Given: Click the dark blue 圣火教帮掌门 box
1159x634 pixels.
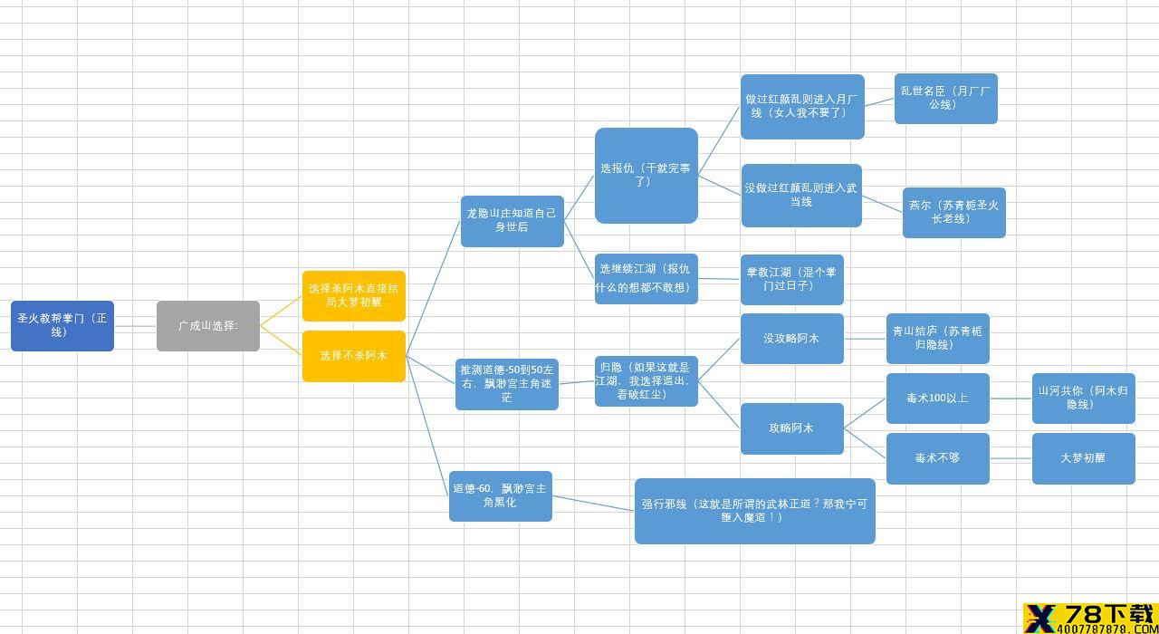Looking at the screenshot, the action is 62,325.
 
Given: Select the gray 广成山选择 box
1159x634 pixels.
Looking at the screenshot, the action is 208,325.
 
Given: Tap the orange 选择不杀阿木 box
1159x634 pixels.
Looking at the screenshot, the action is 354,356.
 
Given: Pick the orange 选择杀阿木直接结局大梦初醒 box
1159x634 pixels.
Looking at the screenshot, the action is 354,295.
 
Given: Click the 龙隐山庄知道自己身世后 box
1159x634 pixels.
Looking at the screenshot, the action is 512,221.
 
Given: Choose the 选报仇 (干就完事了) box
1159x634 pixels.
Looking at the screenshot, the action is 647,176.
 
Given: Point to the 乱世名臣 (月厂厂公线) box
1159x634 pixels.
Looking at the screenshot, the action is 946,99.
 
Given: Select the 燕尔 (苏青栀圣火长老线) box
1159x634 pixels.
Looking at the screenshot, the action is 954,213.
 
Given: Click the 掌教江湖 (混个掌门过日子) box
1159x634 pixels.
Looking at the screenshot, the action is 792,280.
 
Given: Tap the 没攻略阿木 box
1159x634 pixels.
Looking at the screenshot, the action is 792,339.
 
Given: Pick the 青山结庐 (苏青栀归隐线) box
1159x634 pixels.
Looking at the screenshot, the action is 937,339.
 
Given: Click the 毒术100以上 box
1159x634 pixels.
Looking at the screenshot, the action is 937,399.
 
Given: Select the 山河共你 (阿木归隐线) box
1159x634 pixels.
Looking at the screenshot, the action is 1084,399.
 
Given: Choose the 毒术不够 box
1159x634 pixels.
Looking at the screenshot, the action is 937,458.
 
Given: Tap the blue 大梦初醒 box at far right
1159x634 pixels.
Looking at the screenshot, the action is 1084,458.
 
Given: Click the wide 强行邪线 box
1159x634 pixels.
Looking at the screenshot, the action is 755,511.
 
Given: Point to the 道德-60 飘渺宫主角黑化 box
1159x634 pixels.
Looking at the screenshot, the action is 501,495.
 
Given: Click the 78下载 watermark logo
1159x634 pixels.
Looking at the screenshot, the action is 1091,619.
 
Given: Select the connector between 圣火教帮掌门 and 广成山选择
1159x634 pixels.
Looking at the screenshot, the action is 135,326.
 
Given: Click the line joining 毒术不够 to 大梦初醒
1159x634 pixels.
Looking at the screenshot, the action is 1011,458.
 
